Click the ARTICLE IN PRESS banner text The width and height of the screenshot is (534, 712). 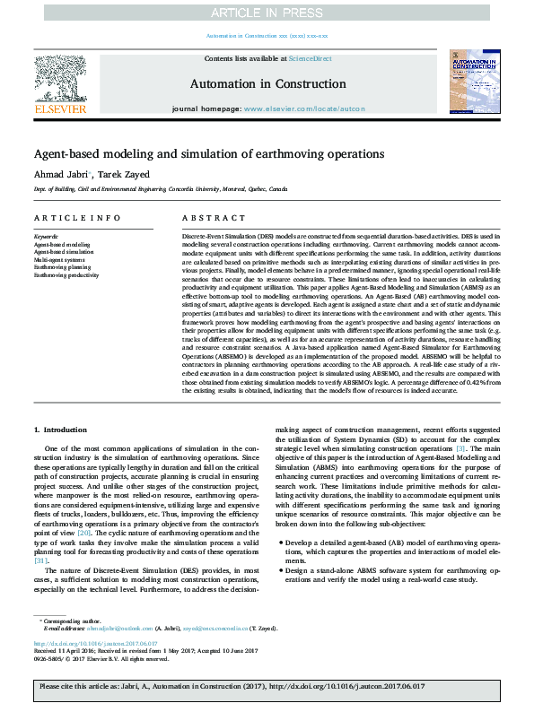(x=267, y=12)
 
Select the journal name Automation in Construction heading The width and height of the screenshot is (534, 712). (x=267, y=83)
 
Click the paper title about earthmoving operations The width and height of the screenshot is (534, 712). (x=209, y=153)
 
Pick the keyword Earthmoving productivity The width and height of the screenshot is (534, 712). (x=67, y=275)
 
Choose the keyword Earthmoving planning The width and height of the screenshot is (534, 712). (x=62, y=267)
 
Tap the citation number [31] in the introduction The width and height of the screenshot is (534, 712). (x=40, y=560)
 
